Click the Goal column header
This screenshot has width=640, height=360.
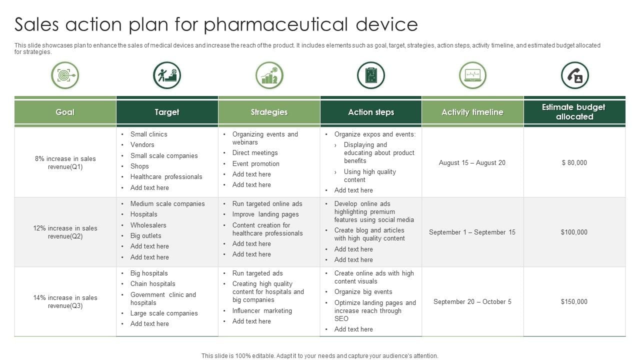click(65, 112)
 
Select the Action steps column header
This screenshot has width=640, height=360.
click(371, 112)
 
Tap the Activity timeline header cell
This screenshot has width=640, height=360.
click(472, 112)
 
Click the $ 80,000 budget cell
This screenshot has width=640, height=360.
click(574, 162)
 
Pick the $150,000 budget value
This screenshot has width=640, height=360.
click(574, 301)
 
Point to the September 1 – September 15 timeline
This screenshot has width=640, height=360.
click(472, 232)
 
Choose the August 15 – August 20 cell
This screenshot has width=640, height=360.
click(472, 162)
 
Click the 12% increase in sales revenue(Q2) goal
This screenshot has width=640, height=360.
click(65, 232)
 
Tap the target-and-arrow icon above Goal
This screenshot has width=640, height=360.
click(65, 75)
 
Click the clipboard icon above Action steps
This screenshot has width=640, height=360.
click(371, 75)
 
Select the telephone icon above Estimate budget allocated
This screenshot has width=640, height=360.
click(575, 75)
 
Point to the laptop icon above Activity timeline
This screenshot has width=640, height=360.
click(472, 75)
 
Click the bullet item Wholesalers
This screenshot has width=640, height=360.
click(148, 225)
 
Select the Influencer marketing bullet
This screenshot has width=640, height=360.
click(262, 310)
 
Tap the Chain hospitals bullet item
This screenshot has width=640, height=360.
click(153, 283)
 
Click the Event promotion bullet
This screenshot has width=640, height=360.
click(255, 163)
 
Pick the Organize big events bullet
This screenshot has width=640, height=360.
click(363, 291)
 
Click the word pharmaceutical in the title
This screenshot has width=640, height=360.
click(275, 24)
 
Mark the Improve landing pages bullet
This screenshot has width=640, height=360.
click(265, 214)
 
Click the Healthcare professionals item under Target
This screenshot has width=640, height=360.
click(166, 177)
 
